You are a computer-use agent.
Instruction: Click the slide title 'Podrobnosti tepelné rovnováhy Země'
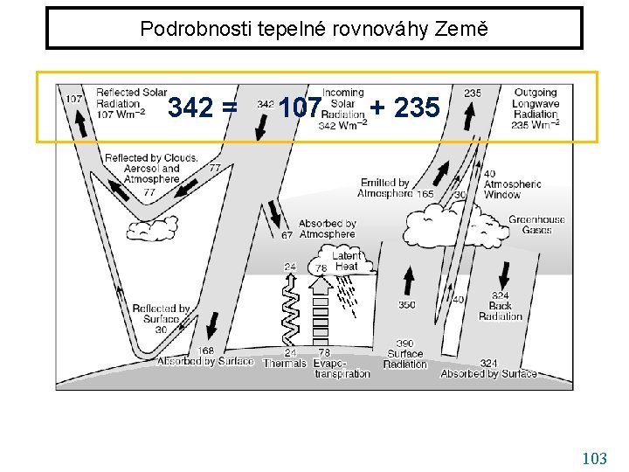click(x=314, y=29)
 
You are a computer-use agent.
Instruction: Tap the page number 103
click(x=594, y=458)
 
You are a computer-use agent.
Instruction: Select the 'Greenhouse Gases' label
click(x=536, y=225)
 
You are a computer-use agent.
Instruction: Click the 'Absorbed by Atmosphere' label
click(x=327, y=229)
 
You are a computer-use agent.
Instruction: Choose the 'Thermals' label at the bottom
click(x=285, y=364)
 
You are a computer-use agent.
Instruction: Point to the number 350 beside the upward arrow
click(x=407, y=305)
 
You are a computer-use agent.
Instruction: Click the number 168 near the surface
click(x=206, y=351)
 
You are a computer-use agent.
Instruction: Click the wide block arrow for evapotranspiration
click(x=321, y=310)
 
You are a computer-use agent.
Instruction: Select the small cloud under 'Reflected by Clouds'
click(x=150, y=230)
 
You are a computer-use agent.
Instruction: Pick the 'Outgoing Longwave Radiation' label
click(x=535, y=108)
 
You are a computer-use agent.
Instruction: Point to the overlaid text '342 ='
click(x=203, y=108)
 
